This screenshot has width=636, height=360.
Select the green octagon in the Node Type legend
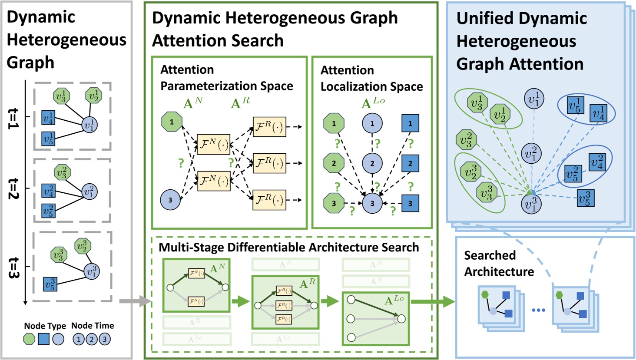click(29, 339)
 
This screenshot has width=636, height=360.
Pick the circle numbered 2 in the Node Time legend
click(92, 339)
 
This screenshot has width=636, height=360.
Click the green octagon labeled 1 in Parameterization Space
click(172, 122)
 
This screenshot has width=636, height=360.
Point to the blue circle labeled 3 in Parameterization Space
click(170, 200)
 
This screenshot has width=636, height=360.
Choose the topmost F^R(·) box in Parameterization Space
click(269, 127)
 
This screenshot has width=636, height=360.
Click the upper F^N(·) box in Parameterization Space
click(213, 145)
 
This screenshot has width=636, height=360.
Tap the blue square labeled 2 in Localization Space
click(410, 164)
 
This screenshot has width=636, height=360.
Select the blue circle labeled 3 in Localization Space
click(372, 203)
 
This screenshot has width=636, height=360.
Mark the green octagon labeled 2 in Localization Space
click(334, 164)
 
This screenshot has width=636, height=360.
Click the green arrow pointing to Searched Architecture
click(432, 301)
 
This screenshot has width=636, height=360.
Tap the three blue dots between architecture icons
click(538, 310)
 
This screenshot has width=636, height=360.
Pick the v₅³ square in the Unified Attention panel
click(585, 198)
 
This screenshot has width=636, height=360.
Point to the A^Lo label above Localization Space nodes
click(373, 102)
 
